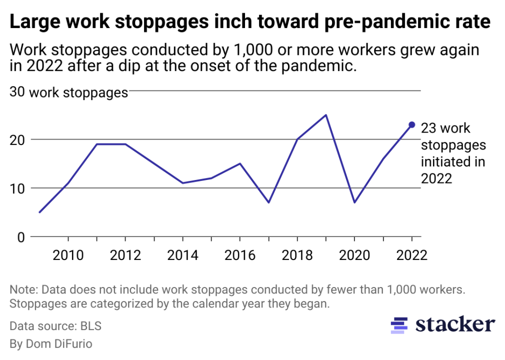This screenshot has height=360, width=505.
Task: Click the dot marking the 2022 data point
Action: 412,124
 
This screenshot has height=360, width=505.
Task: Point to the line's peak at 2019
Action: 326,115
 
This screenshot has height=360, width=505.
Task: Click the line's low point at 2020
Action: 354,202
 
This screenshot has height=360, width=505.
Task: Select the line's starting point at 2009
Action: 39,212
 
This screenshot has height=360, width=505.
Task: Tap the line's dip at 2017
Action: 268,202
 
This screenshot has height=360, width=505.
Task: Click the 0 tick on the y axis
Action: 20,237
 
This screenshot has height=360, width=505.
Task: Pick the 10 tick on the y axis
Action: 17,188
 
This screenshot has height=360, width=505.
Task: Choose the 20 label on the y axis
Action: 17,139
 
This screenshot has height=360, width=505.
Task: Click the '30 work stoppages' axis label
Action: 69,93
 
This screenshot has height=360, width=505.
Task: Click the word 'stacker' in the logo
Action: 455,324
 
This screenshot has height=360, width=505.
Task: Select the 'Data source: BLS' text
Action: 55,326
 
